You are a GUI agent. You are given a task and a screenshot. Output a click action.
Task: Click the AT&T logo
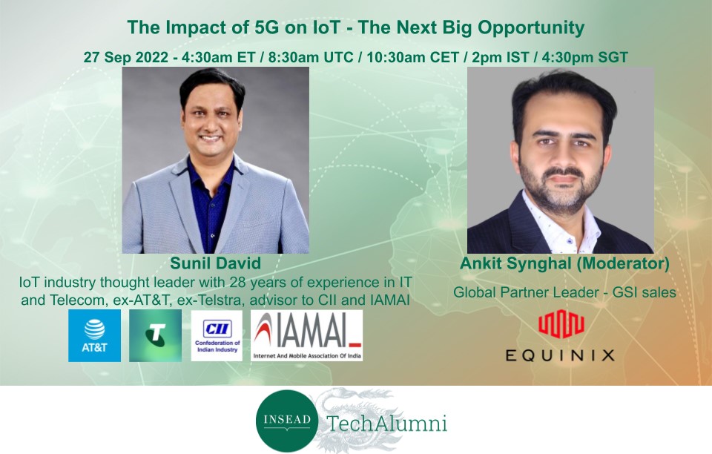(94, 335)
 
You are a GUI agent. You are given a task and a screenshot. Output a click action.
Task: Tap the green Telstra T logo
(155, 335)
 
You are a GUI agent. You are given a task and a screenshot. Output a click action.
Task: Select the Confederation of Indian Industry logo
(217, 335)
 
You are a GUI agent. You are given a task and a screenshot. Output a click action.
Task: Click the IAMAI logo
(307, 335)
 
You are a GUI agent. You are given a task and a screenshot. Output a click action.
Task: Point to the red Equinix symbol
(561, 323)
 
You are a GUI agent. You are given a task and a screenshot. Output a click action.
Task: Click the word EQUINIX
(561, 355)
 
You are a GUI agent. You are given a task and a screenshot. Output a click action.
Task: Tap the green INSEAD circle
(287, 421)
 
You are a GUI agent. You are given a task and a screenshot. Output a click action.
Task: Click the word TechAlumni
(387, 423)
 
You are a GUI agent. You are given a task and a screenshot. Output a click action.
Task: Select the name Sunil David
(216, 263)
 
